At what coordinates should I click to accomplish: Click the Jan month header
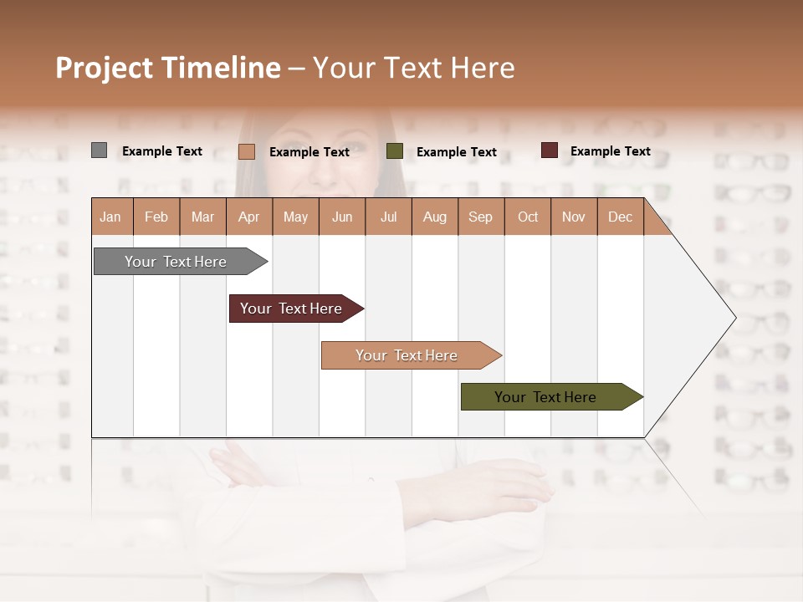[110, 217]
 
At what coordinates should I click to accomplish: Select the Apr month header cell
[248, 217]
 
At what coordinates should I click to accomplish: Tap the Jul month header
[388, 217]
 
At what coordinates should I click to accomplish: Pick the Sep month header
[480, 217]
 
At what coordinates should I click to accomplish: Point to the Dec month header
[620, 217]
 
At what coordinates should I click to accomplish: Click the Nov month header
[573, 217]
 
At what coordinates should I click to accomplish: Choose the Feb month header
[156, 217]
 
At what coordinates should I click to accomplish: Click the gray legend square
[99, 150]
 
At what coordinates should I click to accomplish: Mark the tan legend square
[246, 151]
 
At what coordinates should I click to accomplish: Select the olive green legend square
[395, 151]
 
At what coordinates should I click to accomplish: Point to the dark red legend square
[549, 150]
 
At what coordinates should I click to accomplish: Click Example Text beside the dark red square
[610, 151]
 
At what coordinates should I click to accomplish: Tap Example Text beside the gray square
[162, 151]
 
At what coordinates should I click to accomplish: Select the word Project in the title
[104, 68]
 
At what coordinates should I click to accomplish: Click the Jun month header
[341, 217]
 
